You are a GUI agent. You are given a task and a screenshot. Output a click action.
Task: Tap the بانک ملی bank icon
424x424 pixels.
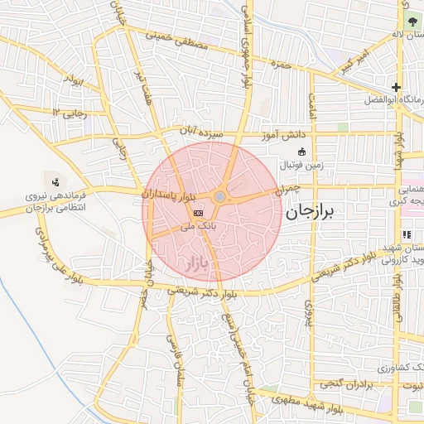click(197, 213)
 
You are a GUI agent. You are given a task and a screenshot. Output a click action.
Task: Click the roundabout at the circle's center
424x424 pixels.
click(219, 196)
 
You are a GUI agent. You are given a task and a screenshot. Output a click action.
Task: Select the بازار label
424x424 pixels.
click(192, 266)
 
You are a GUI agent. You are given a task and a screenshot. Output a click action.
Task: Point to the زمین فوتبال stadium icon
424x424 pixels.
click(301, 152)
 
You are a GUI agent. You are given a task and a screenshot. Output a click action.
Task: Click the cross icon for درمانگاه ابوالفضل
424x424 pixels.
click(397, 87)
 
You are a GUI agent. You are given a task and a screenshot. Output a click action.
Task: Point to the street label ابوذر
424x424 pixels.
click(75, 83)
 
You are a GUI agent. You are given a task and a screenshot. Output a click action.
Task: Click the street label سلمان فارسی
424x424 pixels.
click(175, 361)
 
